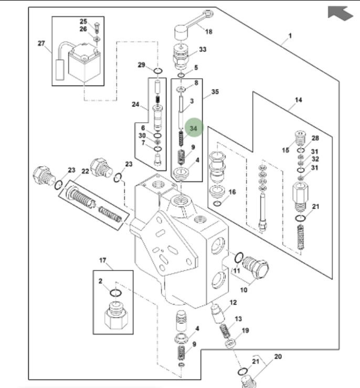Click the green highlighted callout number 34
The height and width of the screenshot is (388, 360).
tap(193, 128)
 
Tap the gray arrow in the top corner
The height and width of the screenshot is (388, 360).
tap(340, 13)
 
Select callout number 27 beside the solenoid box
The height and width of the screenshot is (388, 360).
tap(41, 44)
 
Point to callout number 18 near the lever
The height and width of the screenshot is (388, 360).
tap(209, 31)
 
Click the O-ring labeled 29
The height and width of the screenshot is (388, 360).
tap(158, 71)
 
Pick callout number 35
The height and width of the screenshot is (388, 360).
tap(215, 92)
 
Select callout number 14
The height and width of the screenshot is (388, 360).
tap(299, 100)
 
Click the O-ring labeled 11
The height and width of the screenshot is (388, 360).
tap(239, 257)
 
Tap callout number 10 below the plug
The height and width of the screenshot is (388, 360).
tap(244, 290)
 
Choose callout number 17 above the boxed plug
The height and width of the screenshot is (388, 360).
tap(103, 260)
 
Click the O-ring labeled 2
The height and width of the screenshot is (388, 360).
tap(115, 293)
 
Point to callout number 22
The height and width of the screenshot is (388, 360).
tap(85, 171)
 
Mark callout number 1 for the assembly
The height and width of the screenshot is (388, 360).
tap(290, 36)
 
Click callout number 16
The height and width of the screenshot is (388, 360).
tap(232, 192)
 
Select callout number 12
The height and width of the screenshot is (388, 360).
tap(233, 303)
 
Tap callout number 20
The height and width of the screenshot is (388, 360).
tap(278, 357)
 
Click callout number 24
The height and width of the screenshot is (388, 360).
tap(135, 104)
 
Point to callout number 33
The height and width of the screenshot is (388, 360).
tap(203, 49)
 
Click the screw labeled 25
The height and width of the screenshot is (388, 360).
tap(97, 28)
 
